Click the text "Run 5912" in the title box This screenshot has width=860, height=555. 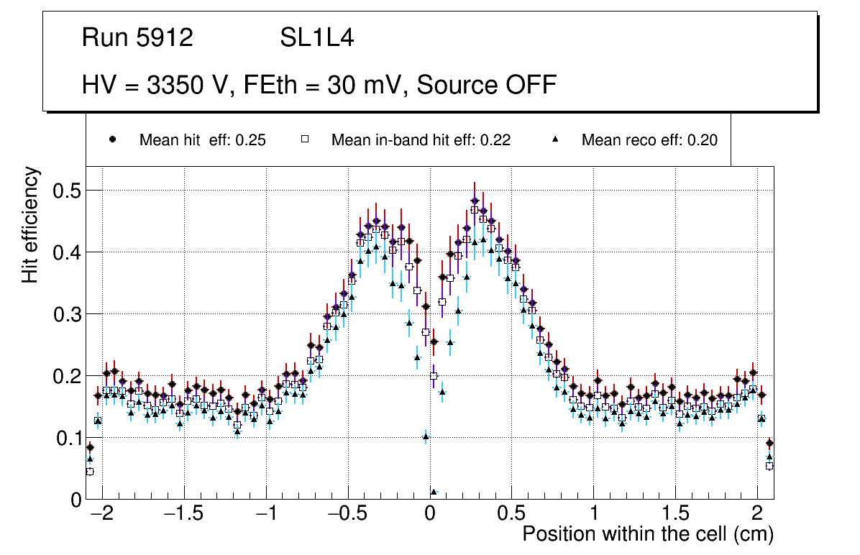coord(137,38)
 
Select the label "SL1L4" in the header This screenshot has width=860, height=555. coord(316,38)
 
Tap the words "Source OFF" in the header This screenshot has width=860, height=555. coord(487,86)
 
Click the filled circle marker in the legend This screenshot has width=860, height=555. coord(112,139)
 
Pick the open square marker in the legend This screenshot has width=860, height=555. coord(304,139)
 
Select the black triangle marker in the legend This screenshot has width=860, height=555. coord(555,139)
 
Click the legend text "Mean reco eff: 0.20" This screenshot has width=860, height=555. coord(649,140)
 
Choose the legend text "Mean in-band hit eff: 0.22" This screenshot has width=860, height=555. coord(421,140)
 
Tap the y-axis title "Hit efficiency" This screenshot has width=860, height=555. coord(30,224)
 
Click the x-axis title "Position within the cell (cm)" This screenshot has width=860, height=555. coord(647,534)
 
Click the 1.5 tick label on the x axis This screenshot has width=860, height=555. coord(676,515)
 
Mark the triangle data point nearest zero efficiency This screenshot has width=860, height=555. coord(433,492)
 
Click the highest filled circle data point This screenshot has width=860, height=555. coord(475,201)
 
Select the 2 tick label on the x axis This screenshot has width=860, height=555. coord(757,515)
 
